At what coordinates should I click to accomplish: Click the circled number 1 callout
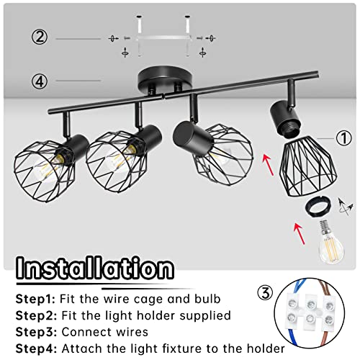tap(343, 138)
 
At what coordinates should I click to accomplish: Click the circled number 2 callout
tap(40, 37)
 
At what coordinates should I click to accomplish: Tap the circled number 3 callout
tap(265, 293)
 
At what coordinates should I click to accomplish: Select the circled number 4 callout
tap(40, 81)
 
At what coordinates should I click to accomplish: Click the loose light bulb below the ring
tap(331, 243)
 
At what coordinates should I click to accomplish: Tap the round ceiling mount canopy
tap(166, 79)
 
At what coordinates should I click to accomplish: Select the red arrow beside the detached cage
tap(268, 165)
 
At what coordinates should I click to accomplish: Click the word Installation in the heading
tap(95, 268)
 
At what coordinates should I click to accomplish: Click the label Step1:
tap(35, 299)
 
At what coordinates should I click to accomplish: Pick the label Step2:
tap(36, 315)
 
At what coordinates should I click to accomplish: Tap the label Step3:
tap(36, 332)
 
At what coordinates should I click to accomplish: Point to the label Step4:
tap(36, 348)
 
